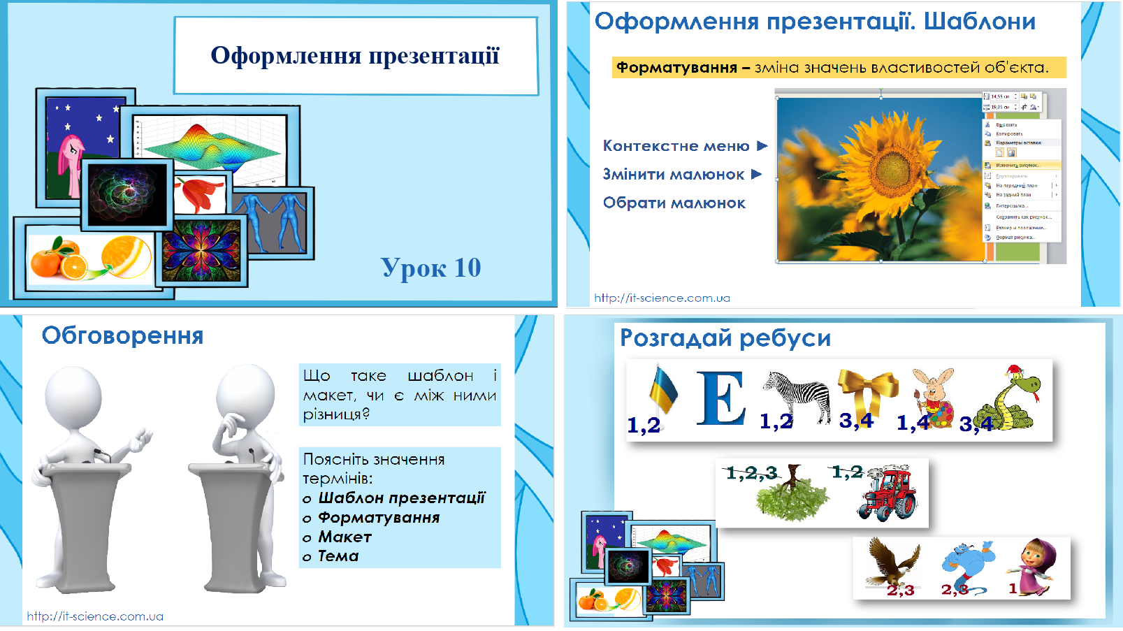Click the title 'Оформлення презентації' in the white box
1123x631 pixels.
pyautogui.click(x=355, y=56)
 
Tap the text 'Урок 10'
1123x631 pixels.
pyautogui.click(x=430, y=268)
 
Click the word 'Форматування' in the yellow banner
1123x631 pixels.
pyautogui.click(x=676, y=68)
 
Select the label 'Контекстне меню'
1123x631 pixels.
pyautogui.click(x=676, y=146)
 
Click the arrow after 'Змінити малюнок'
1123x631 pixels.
pyautogui.click(x=757, y=175)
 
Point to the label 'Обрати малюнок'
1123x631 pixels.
pyautogui.click(x=674, y=203)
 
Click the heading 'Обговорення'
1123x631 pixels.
pyautogui.click(x=122, y=335)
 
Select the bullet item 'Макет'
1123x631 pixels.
pyautogui.click(x=345, y=537)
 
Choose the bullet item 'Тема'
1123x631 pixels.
pyautogui.click(x=338, y=556)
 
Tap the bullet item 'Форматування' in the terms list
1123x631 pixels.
pyautogui.click(x=379, y=518)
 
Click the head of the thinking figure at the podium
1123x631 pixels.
pyautogui.click(x=245, y=395)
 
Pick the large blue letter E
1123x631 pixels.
pyautogui.click(x=720, y=398)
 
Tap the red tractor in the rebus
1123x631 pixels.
pyautogui.click(x=889, y=492)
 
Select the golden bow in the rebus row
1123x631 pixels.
pyautogui.click(x=869, y=391)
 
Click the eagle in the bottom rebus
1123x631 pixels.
pyautogui.click(x=892, y=562)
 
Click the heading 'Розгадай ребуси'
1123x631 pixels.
pyautogui.click(x=725, y=338)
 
